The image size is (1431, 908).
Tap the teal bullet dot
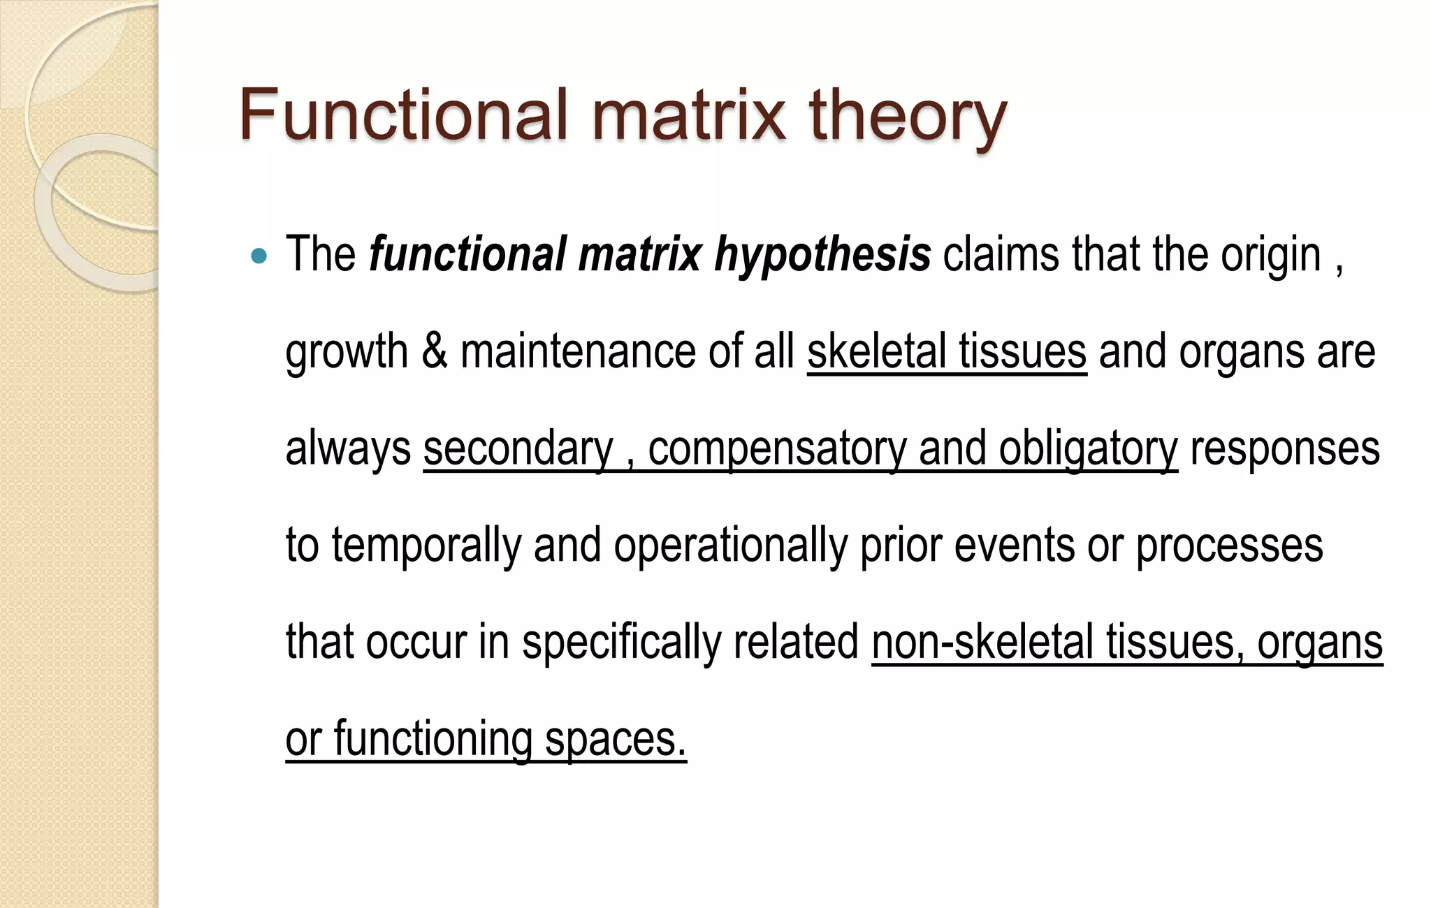click(259, 256)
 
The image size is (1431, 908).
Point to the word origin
click(1270, 255)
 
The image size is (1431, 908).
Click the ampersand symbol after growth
click(434, 351)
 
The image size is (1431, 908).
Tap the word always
click(348, 448)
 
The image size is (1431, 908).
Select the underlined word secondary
click(518, 448)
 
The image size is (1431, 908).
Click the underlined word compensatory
click(776, 448)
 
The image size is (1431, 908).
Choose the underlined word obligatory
click(1088, 448)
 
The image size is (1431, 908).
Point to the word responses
click(1284, 448)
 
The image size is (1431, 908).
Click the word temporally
click(426, 545)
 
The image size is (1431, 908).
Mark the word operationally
click(730, 545)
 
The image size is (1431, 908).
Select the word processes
click(1229, 545)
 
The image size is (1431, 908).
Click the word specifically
click(621, 643)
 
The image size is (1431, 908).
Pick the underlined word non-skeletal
click(982, 643)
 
